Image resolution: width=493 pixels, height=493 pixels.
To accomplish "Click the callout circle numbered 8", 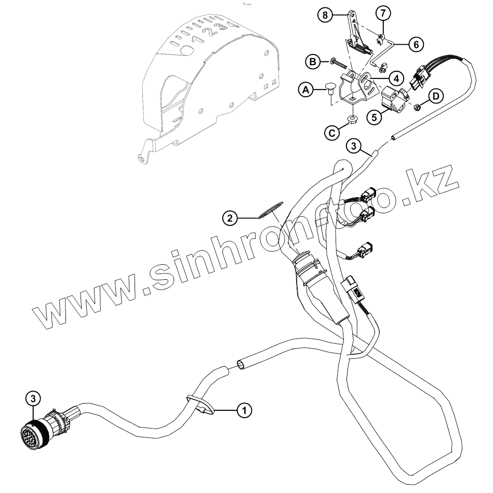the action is click(x=325, y=15).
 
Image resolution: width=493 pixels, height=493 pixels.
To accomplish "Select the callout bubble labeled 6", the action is click(x=416, y=44).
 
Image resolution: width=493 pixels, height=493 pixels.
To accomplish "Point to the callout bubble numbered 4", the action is click(x=396, y=79).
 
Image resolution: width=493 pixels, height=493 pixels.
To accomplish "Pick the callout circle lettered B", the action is click(x=314, y=62).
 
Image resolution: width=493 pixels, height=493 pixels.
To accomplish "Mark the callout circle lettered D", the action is click(x=436, y=96).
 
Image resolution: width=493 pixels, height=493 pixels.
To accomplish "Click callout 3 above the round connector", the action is click(x=33, y=398).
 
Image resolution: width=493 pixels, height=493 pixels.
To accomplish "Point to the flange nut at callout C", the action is click(x=352, y=120).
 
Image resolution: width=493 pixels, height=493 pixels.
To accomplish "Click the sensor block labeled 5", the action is click(x=394, y=99).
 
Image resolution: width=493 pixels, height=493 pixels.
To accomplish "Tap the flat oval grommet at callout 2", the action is click(x=269, y=211).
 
